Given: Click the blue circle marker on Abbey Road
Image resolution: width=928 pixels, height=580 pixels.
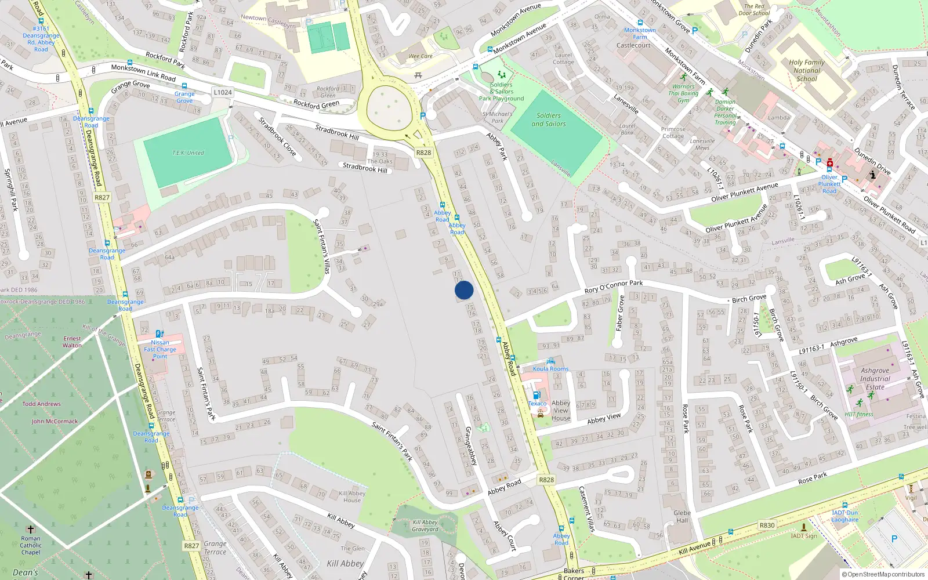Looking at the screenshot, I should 464,290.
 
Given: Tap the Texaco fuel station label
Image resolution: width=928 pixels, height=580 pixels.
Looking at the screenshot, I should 537,404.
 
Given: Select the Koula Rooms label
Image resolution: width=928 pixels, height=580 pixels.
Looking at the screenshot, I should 550,369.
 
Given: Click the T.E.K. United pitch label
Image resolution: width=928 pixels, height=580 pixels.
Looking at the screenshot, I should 188,153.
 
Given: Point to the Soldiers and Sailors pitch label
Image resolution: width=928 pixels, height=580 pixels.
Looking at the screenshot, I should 548,119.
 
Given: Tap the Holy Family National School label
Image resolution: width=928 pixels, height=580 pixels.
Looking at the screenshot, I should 806,70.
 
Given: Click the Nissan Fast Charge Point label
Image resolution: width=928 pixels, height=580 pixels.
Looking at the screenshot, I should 160,349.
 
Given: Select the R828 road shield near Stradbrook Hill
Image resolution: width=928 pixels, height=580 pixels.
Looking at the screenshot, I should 423,153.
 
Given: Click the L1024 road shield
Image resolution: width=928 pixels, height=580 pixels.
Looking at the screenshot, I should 222,92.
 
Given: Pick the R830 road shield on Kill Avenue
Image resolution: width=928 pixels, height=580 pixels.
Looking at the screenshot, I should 767,525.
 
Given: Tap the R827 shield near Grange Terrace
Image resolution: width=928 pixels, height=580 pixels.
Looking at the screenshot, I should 191,546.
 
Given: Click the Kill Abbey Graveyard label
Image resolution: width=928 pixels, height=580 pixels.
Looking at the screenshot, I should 425,525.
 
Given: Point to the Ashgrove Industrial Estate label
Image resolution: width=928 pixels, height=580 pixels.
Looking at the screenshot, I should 875,379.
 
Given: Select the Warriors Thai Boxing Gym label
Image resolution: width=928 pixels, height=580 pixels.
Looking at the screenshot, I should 683,93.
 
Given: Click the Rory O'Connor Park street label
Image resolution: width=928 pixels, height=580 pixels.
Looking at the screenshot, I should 613,287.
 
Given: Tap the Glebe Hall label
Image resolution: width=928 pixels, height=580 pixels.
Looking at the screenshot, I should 682,516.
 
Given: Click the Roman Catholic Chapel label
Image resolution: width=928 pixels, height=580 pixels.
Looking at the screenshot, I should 31,545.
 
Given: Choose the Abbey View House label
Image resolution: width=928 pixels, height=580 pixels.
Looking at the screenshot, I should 561,410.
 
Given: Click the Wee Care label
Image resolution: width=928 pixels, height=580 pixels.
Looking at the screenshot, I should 420,56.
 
